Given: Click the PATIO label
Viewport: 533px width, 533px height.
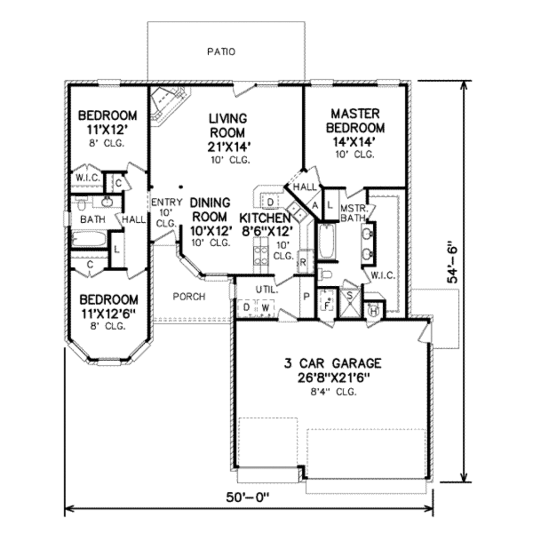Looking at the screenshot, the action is tap(221, 52).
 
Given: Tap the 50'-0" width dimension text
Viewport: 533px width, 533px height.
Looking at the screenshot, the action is tap(247, 497).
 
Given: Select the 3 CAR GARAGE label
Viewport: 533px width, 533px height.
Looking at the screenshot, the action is tap(333, 363).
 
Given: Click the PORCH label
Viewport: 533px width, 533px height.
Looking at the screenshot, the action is tap(189, 297).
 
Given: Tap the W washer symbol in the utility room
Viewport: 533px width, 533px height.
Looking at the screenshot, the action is tap(266, 308).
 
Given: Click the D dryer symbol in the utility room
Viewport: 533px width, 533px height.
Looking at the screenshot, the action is tap(247, 308).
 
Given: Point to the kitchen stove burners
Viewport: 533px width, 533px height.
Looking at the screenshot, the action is tap(261, 256).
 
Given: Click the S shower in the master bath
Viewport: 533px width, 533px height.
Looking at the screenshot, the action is tap(350, 303).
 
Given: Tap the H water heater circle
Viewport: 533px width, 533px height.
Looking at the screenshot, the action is tap(374, 311).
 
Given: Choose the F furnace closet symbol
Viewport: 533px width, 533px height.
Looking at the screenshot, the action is tap(327, 304).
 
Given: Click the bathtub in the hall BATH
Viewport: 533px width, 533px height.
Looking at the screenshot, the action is tap(88, 238).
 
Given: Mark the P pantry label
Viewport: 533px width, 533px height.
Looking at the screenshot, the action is tap(306, 297).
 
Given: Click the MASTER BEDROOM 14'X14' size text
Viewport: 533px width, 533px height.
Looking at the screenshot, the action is tap(354, 142).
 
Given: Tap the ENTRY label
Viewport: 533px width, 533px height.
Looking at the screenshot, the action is tap(167, 202).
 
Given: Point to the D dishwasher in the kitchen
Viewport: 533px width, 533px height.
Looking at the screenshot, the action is tap(270, 202).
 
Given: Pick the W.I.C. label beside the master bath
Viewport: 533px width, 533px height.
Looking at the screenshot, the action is tap(383, 275).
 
